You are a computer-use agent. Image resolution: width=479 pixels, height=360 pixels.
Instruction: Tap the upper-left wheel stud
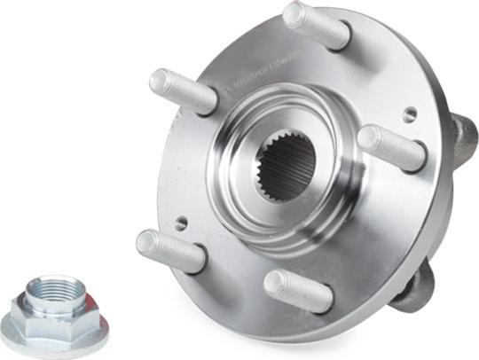click(x=184, y=91)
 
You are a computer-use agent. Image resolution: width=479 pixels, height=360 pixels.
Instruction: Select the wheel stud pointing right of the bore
click(x=392, y=147)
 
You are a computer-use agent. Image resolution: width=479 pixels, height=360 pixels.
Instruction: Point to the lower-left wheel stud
click(x=171, y=250)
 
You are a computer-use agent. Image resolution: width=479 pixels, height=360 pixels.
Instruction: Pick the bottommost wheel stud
click(x=298, y=290)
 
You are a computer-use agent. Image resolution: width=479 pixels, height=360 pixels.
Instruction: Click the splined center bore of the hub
click(x=286, y=165)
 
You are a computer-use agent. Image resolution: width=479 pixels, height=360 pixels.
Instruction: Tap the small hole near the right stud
click(x=409, y=114)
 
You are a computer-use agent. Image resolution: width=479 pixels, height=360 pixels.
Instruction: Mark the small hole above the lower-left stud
click(x=181, y=223)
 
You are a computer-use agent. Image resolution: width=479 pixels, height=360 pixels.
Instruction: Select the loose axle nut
click(x=54, y=314)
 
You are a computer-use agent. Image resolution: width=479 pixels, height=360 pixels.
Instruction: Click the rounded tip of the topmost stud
click(x=294, y=12)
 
